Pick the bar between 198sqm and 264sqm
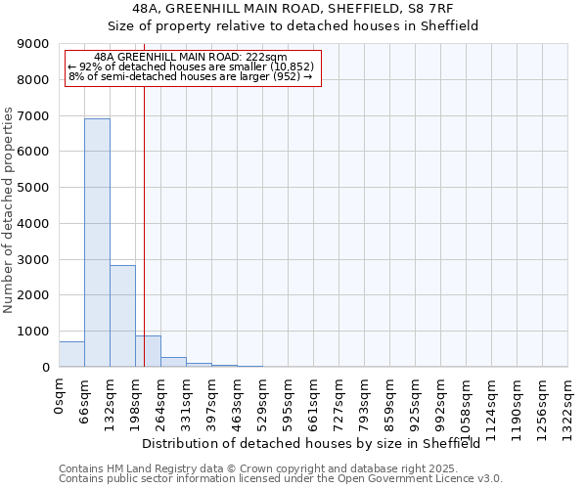point(148,351)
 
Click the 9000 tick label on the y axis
point(33,44)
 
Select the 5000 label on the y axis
point(33,188)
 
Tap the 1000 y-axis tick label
point(33,332)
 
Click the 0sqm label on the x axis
point(60,396)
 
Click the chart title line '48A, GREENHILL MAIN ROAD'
point(293,9)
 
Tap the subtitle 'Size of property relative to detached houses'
point(293,26)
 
